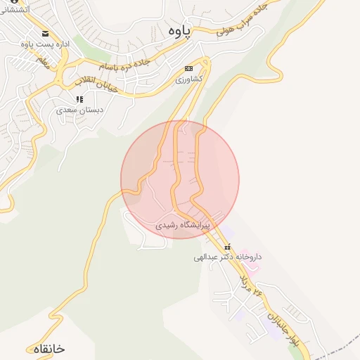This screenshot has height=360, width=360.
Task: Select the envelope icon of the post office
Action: (x=46, y=34)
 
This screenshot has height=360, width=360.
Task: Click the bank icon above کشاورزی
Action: (x=188, y=68)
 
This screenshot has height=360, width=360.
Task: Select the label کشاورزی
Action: (x=188, y=79)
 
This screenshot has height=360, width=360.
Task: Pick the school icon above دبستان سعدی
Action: (x=79, y=99)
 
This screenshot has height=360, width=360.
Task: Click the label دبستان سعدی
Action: (x=79, y=110)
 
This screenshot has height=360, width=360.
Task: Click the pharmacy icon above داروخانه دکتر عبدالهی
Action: (x=227, y=247)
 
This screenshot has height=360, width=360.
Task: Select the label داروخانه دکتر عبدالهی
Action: (x=227, y=257)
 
